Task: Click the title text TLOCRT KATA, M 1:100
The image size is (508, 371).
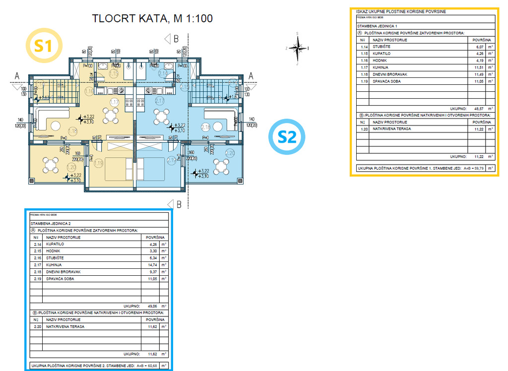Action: pyautogui.click(x=152, y=19)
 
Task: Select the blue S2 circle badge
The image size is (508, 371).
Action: pyautogui.click(x=287, y=137)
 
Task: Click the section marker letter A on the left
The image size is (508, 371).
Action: pyautogui.click(x=17, y=76)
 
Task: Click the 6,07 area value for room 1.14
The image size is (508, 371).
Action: pyautogui.click(x=477, y=47)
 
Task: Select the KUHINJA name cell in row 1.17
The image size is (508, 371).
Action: pyautogui.click(x=381, y=67)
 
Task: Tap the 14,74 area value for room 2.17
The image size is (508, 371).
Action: pyautogui.click(x=150, y=265)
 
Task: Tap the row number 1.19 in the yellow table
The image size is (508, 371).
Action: pyautogui.click(x=364, y=81)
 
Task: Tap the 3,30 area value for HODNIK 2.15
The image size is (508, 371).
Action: pyautogui.click(x=151, y=251)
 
